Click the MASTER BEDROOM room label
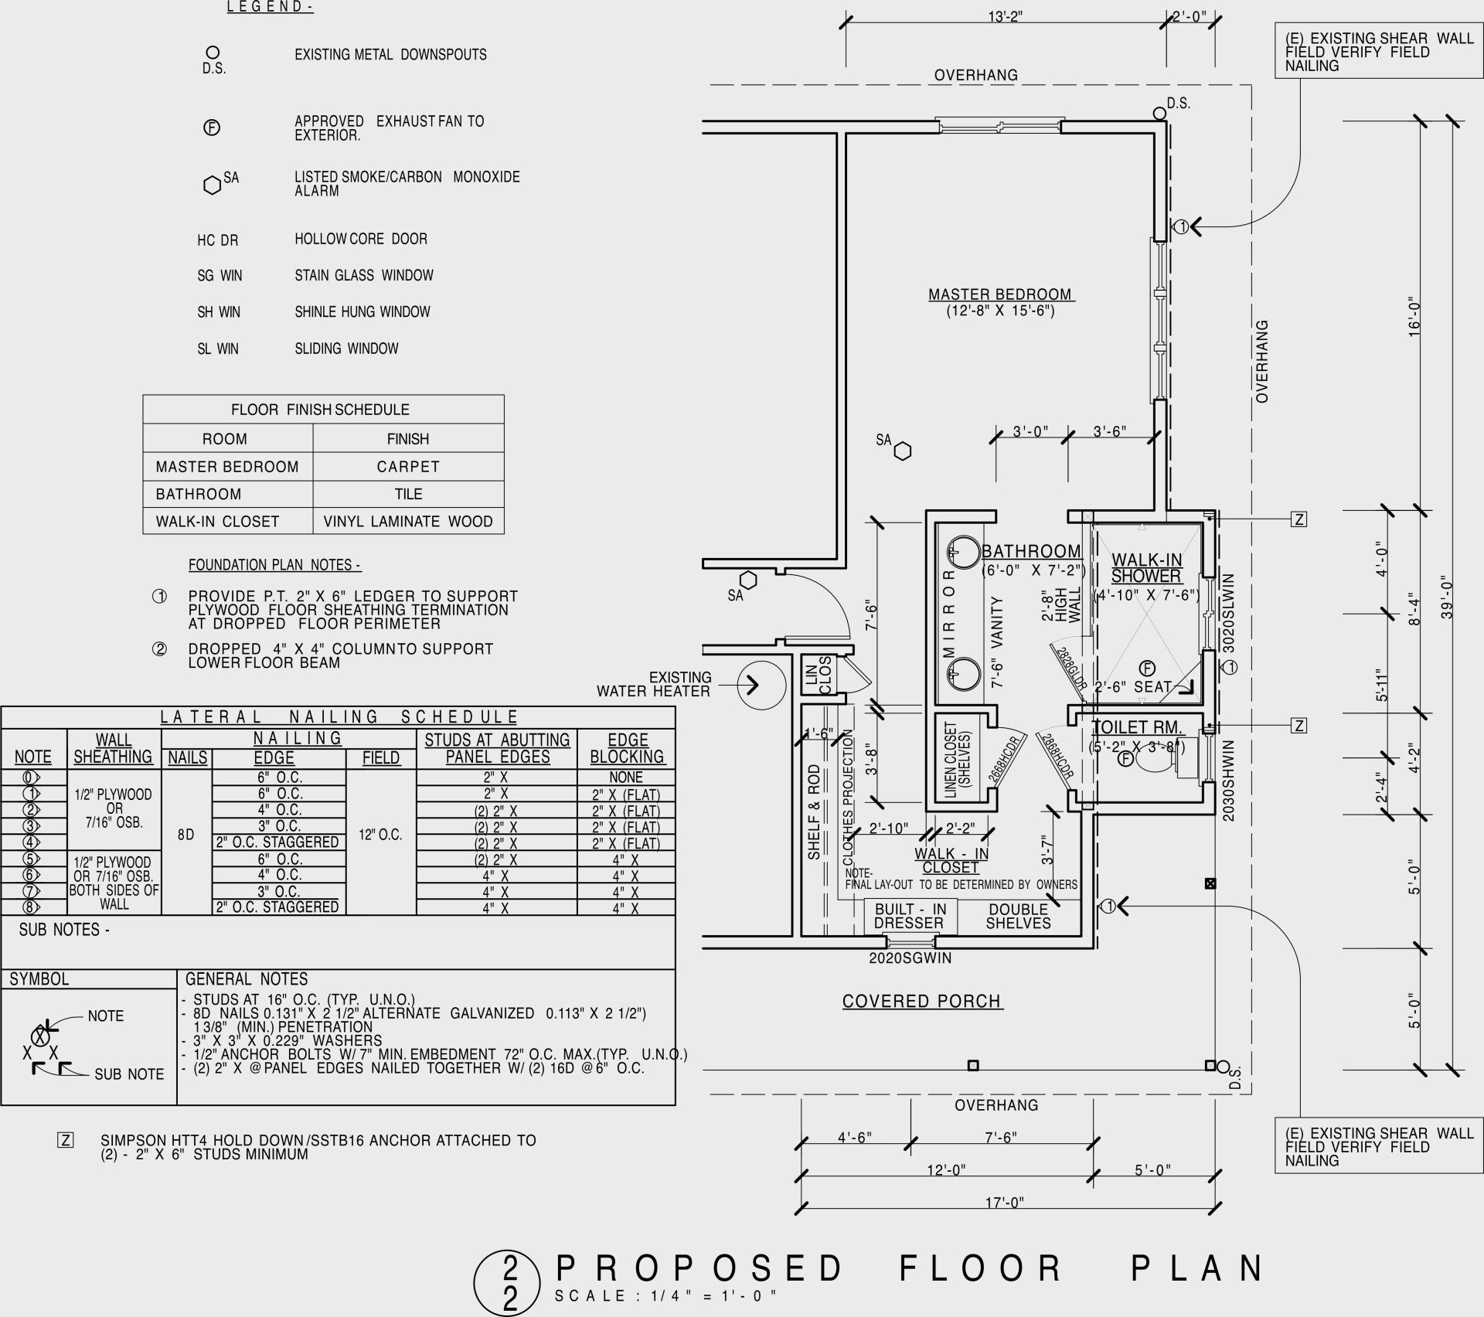(1001, 294)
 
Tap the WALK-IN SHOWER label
(1146, 568)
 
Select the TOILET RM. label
(1137, 727)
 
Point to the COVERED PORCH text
(921, 1001)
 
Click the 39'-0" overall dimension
(1448, 598)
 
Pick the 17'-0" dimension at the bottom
(1002, 1203)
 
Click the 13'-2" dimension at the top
(1005, 16)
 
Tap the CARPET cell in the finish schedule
(408, 467)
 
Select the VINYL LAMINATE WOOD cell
(408, 522)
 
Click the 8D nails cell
(185, 835)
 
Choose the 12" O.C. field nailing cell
(380, 835)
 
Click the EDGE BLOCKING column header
(627, 748)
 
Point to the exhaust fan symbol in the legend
(211, 128)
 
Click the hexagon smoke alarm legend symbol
(212, 185)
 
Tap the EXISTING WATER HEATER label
(654, 684)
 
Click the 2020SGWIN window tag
(910, 958)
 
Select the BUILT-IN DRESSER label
(910, 916)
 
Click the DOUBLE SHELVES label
(1018, 916)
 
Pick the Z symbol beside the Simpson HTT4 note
(66, 1140)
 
